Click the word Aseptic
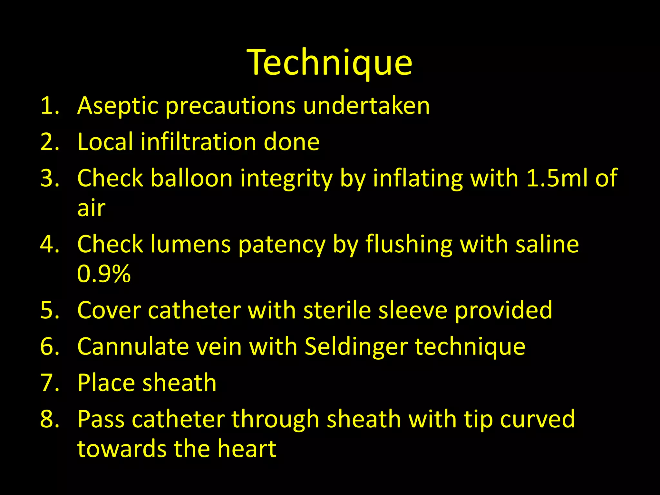[118, 106]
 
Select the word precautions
[230, 106]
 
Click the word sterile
[337, 310]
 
